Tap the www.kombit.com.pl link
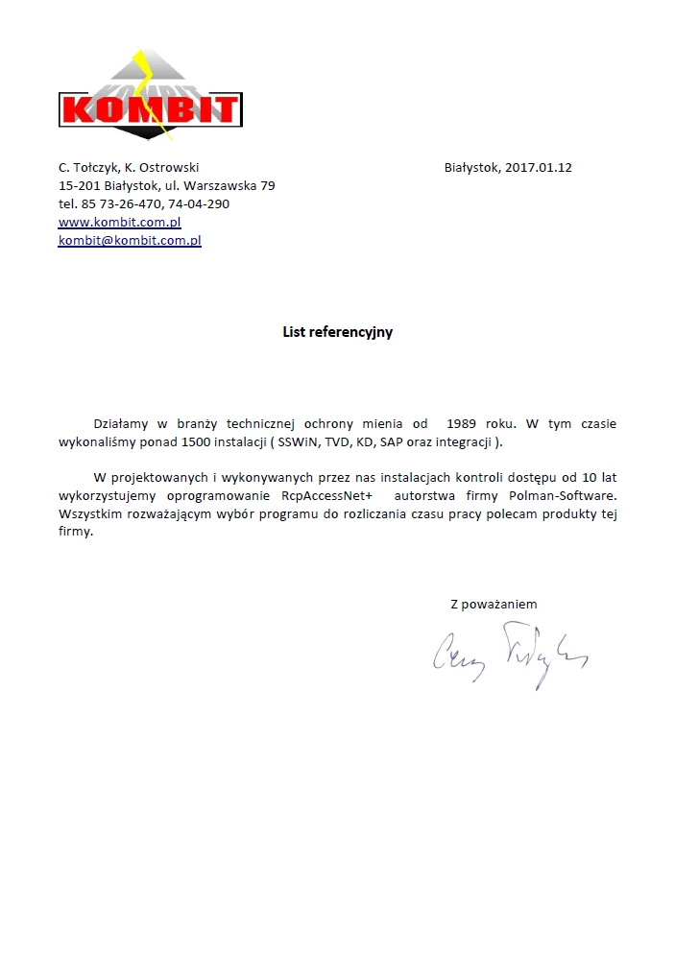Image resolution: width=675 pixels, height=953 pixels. [120, 222]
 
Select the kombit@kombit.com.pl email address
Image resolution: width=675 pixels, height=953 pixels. [130, 240]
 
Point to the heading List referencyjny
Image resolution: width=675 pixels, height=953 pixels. [337, 332]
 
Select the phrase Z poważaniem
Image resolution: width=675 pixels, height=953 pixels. [494, 604]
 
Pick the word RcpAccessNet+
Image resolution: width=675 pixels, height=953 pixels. [326, 496]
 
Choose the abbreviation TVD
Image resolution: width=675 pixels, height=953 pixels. [337, 441]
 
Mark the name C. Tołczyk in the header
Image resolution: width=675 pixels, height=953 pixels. [87, 167]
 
